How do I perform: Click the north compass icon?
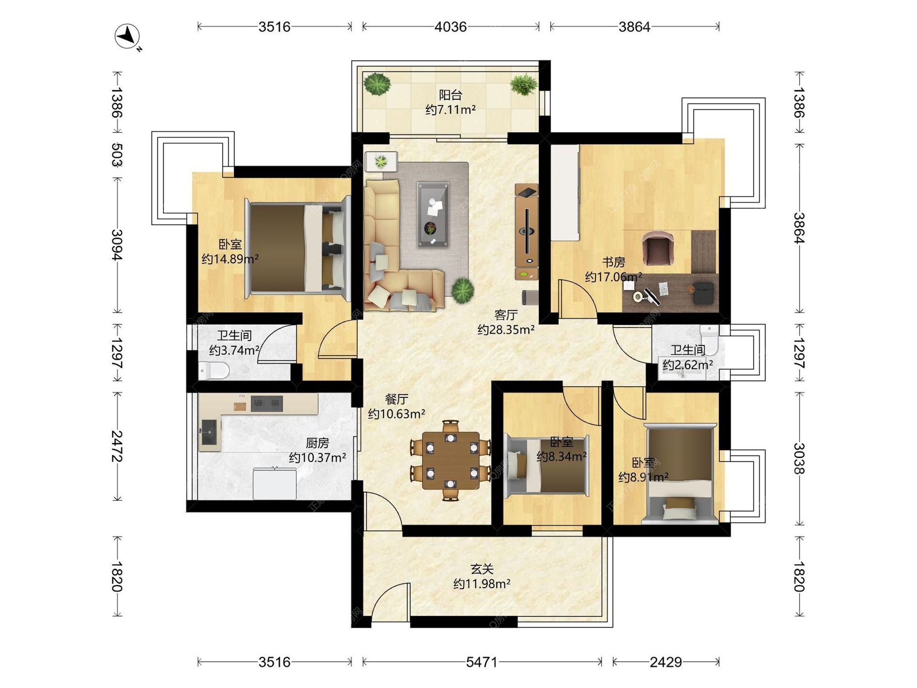[x=128, y=36]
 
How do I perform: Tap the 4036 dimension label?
[x=450, y=27]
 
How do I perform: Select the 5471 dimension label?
[x=481, y=662]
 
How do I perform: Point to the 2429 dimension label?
[x=666, y=662]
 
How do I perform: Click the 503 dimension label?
[x=117, y=155]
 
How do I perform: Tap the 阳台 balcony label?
[x=450, y=95]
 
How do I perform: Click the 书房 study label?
[x=613, y=262]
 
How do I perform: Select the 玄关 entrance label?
[x=481, y=569]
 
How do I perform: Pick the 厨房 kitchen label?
[x=317, y=443]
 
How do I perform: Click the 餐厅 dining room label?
[x=396, y=399]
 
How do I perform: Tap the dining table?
[x=450, y=461]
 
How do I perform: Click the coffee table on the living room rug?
[x=433, y=215]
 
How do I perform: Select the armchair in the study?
[x=658, y=247]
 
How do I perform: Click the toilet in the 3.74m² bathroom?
[x=213, y=370]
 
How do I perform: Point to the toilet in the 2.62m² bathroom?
[x=709, y=338]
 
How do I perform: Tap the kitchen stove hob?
[x=267, y=404]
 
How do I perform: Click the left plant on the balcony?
[x=377, y=84]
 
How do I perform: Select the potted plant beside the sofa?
[x=462, y=290]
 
